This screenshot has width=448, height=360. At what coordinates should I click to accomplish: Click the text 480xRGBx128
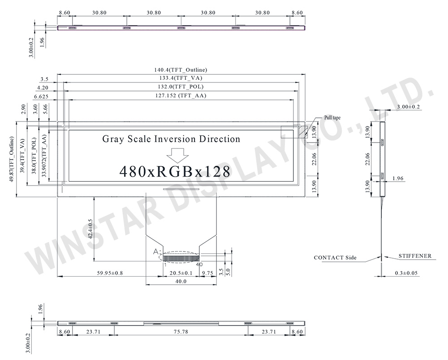point(175,171)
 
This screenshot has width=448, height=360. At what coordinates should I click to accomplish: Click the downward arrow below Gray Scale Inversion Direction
point(177,155)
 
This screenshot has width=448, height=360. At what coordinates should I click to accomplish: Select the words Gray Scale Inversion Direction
point(172,139)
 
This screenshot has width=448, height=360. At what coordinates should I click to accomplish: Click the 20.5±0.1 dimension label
point(181,273)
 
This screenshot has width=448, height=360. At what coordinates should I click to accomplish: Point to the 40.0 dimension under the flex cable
point(181,282)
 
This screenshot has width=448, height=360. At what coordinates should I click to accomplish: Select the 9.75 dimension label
point(207,273)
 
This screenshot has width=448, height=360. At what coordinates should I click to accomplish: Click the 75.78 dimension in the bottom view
point(181,332)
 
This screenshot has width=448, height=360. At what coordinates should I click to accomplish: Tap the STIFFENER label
point(415,256)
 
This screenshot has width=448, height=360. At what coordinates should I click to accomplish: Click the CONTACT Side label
point(335,258)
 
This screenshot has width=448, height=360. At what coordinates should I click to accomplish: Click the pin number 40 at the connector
point(199,265)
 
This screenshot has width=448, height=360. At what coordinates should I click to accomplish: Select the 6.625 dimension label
point(41,96)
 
